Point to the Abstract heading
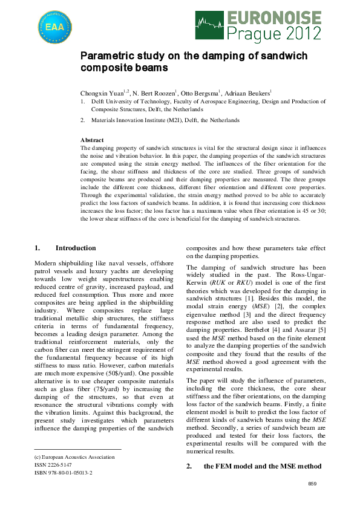[92, 140]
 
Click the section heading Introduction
[75, 248]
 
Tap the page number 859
[312, 484]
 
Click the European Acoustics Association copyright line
[74, 457]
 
